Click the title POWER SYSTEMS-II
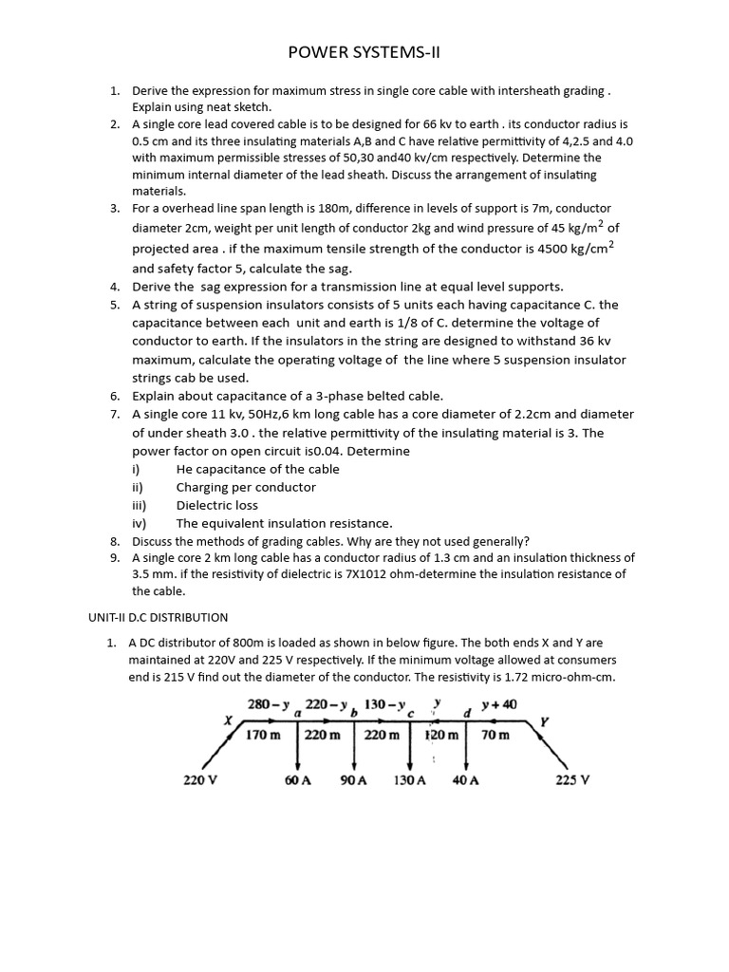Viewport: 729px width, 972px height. point(364,53)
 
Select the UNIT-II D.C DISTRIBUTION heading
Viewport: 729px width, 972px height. point(158,617)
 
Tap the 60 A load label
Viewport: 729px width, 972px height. point(298,781)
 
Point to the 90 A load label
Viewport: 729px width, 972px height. point(353,781)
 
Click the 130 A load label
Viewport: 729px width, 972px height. point(410,781)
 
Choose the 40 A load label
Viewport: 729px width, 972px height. point(466,781)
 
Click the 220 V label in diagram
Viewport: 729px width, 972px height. point(200,781)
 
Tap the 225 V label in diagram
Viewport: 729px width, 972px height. point(572,781)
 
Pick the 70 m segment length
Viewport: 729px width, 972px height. point(495,736)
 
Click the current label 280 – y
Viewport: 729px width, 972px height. point(268,705)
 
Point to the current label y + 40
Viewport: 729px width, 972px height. point(499,705)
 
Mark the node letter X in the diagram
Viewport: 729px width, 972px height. point(228,720)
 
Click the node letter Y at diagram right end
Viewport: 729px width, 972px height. point(543,721)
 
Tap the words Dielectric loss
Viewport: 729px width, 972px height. point(216,505)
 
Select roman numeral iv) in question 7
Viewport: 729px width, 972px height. point(139,523)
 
